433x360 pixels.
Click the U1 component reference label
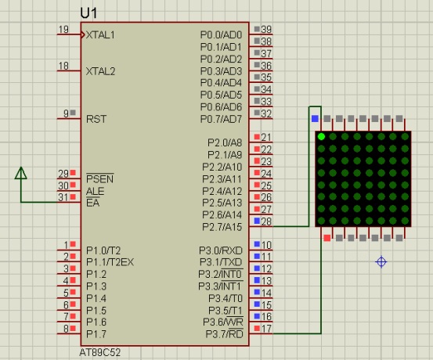tap(88, 13)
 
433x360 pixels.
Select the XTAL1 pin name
tap(100, 35)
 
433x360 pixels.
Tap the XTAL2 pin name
tap(100, 71)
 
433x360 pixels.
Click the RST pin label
tap(96, 119)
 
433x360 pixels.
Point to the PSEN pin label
tap(99, 179)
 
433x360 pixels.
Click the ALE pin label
tap(95, 191)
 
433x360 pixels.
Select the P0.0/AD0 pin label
tap(221, 35)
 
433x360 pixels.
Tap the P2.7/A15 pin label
tap(222, 227)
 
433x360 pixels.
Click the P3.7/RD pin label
tap(224, 334)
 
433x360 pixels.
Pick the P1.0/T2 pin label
tap(103, 250)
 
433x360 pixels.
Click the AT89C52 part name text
tap(100, 352)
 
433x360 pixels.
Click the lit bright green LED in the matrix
tap(321, 136)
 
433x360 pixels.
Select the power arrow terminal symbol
tap(21, 173)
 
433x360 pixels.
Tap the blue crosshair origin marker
tap(381, 261)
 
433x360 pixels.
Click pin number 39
tap(266, 29)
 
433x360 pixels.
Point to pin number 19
tap(63, 29)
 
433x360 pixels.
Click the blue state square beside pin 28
tap(257, 221)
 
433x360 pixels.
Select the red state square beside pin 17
tap(257, 328)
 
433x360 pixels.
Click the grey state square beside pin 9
tap(73, 113)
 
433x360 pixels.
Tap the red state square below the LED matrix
tap(327, 238)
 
